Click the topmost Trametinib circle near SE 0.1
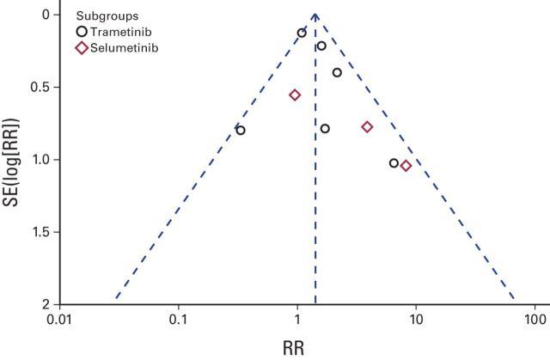[x=302, y=33]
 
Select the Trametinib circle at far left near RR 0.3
[x=241, y=131]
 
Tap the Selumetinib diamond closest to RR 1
[x=295, y=95]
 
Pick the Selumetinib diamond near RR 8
[x=406, y=166]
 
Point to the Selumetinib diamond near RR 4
[x=367, y=127]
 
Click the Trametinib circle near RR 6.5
[x=394, y=163]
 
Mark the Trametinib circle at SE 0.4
[x=337, y=72]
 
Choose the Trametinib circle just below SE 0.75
[x=325, y=128]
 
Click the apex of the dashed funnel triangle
[x=315, y=15]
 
